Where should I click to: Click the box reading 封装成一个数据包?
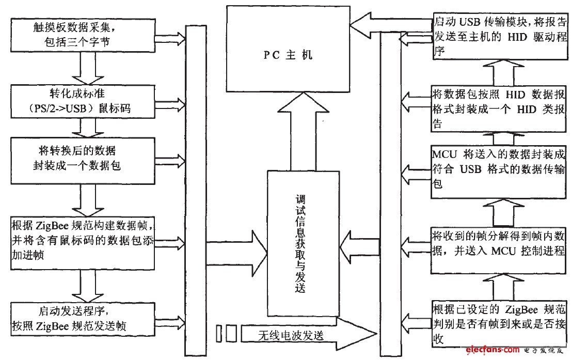tap(83, 159)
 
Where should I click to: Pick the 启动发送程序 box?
tap(83, 319)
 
